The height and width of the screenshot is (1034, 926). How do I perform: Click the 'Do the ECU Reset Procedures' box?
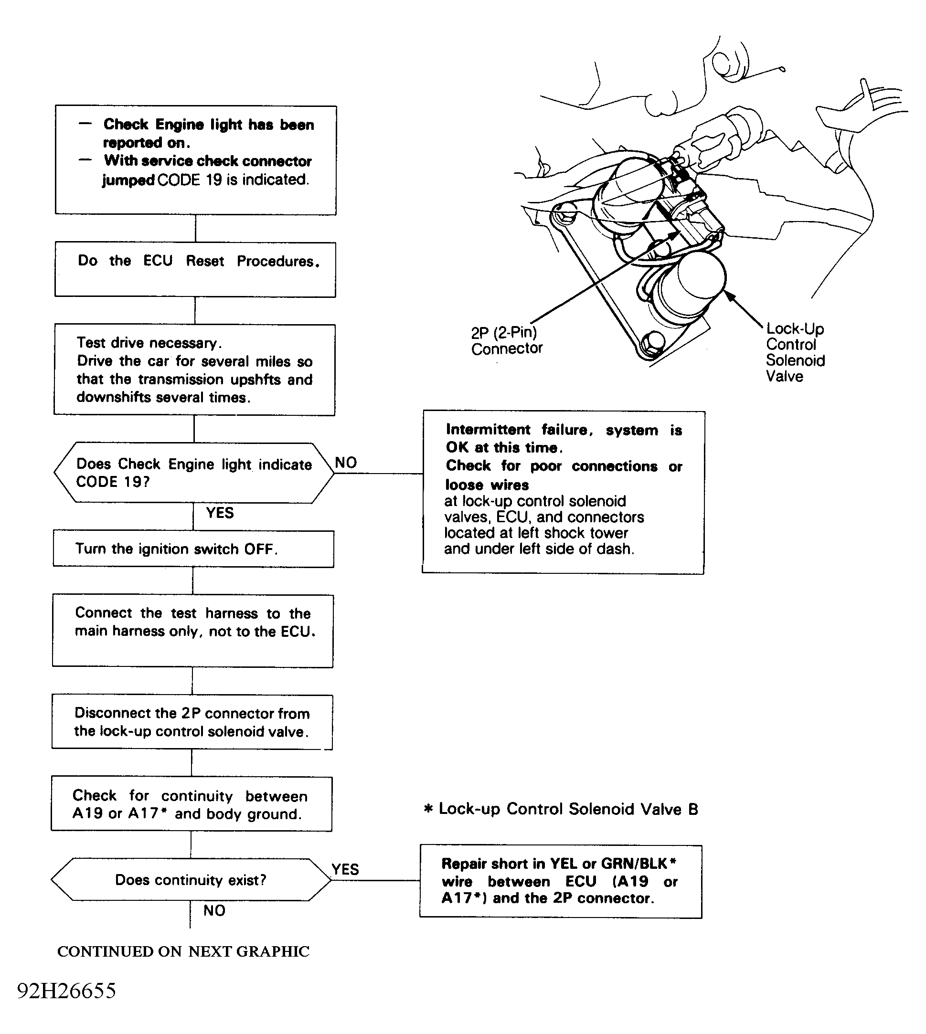[x=195, y=269]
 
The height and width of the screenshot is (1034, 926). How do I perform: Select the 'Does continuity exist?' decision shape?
[x=191, y=879]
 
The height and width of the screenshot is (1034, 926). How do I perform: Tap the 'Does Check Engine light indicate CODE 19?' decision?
[x=194, y=473]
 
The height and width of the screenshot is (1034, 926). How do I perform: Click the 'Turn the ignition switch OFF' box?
[x=193, y=549]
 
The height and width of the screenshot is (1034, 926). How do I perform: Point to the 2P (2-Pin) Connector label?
[x=506, y=340]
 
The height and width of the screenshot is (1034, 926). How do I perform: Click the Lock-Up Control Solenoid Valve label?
[x=795, y=352]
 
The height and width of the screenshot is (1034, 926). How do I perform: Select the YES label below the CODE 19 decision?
[x=220, y=513]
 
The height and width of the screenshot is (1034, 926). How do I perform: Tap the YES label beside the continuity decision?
[x=345, y=869]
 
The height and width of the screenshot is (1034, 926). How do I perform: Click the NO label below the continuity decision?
[x=214, y=910]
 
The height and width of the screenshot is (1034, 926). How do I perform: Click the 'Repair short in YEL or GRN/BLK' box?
[x=560, y=881]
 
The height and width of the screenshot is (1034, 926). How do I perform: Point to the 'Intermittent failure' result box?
[x=563, y=492]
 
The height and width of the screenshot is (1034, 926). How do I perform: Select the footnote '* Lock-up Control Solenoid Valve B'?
[x=561, y=809]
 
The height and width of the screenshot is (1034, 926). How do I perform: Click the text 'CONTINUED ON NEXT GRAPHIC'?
[x=183, y=951]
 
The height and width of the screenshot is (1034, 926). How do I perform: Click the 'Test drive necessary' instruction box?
[x=194, y=370]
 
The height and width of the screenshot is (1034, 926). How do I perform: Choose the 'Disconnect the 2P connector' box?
[x=192, y=722]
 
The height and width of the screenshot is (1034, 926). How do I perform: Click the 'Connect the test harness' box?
[x=193, y=631]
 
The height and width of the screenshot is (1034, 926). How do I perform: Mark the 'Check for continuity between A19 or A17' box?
[x=192, y=804]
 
